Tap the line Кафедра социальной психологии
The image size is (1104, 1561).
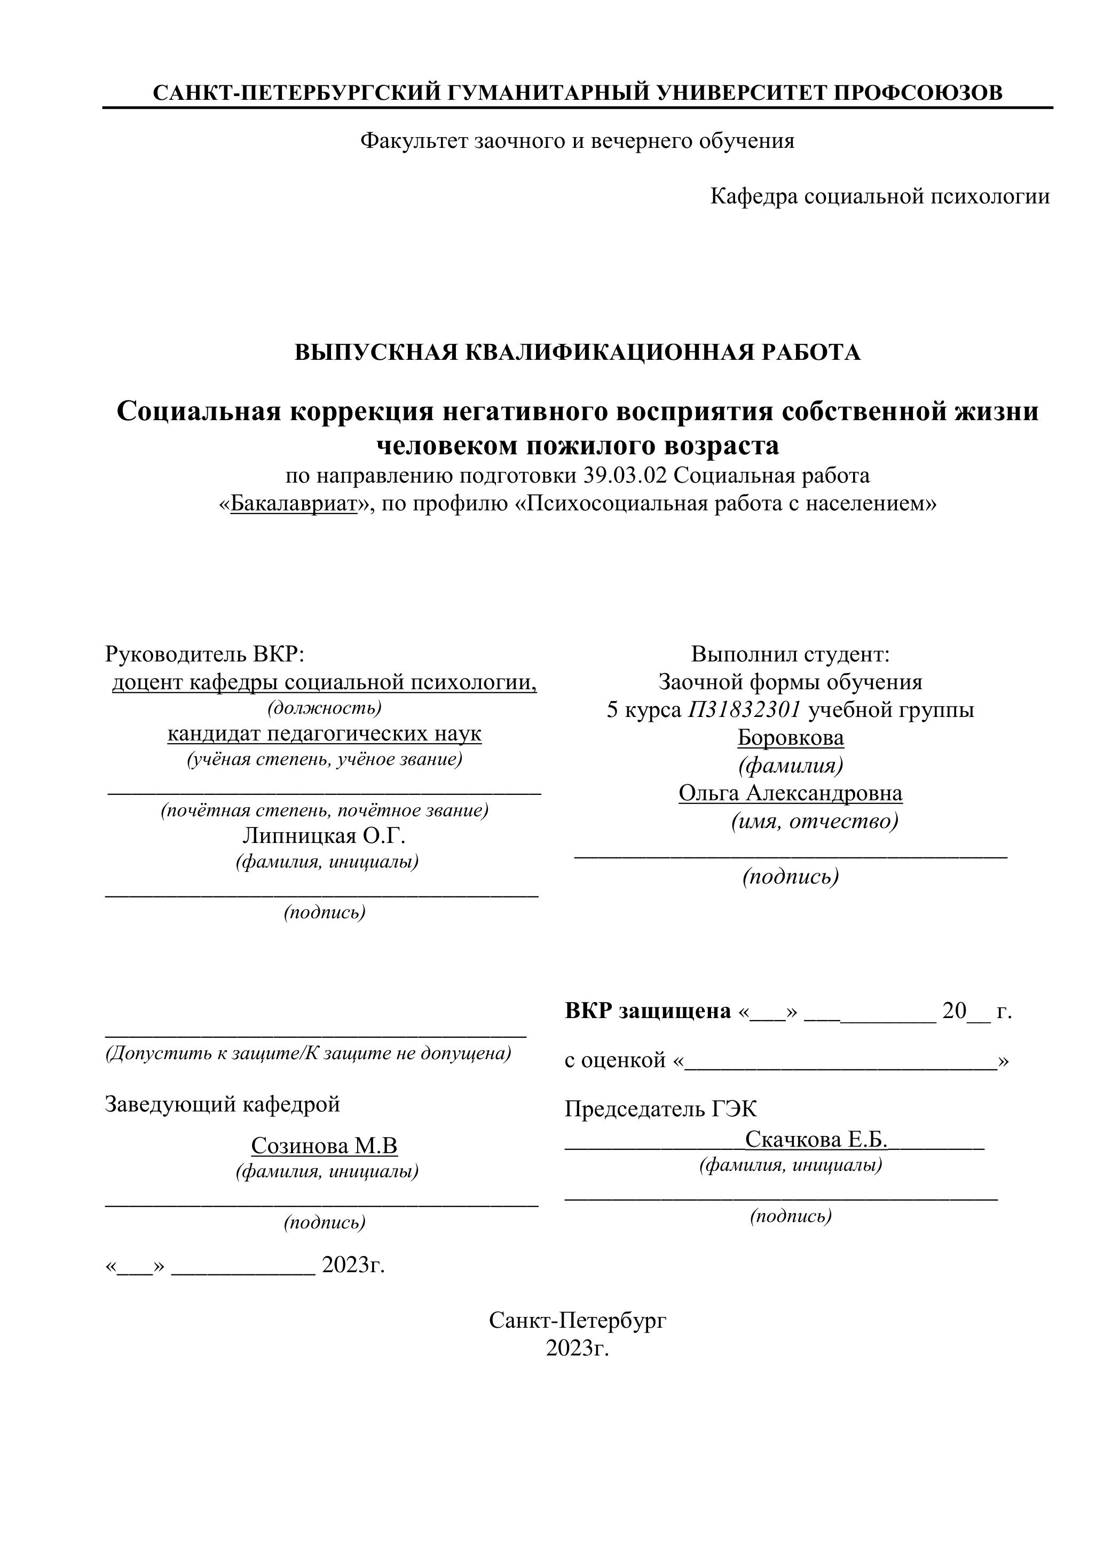pyautogui.click(x=880, y=196)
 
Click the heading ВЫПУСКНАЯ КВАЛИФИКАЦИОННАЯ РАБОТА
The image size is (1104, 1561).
pyautogui.click(x=577, y=352)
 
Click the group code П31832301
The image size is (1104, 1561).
pyautogui.click(x=744, y=710)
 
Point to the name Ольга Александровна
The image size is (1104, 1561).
pyautogui.click(x=791, y=793)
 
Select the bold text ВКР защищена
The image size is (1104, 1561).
pyautogui.click(x=648, y=1011)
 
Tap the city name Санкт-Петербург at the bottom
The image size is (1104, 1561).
pyautogui.click(x=577, y=1320)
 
